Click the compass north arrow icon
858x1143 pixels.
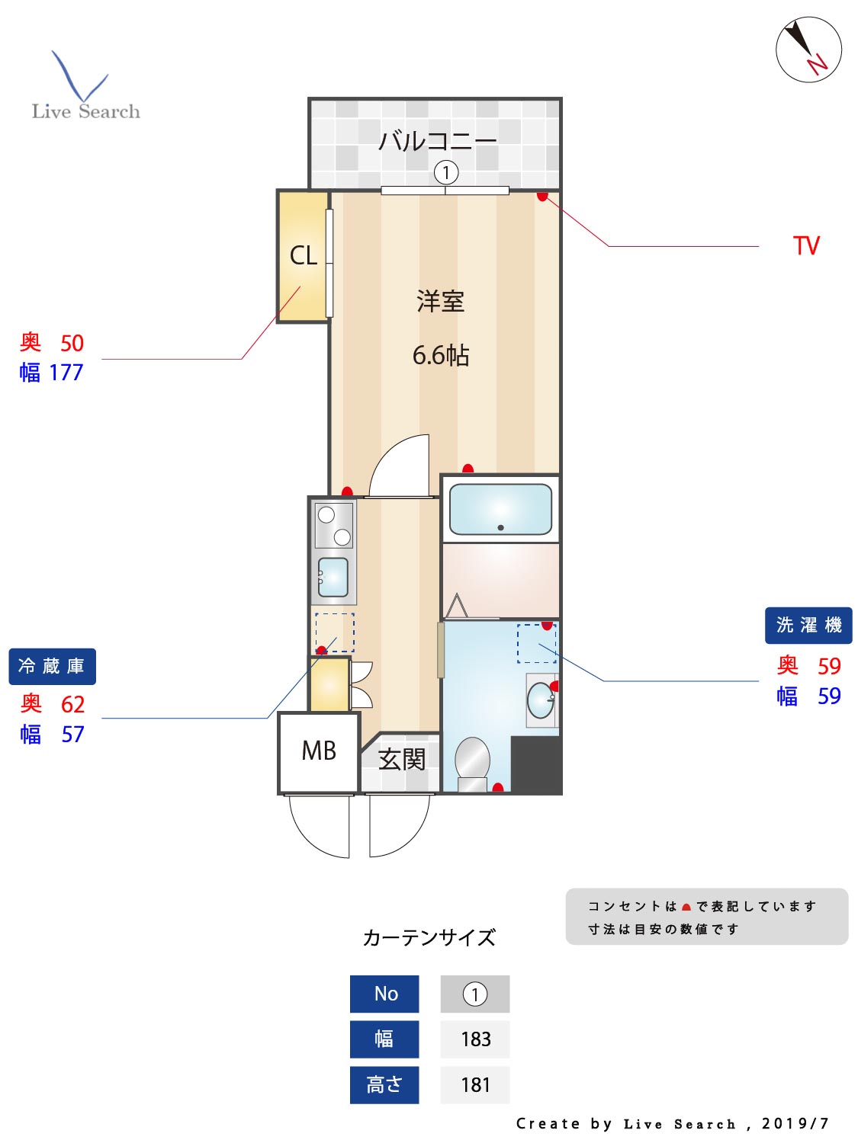point(808,50)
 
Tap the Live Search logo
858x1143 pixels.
point(85,87)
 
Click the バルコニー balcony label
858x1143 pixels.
point(437,141)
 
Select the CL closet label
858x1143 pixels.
point(303,255)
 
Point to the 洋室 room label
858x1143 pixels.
point(440,302)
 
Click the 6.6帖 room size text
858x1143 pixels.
point(440,355)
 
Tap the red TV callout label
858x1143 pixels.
point(805,246)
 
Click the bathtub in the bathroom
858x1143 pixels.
point(500,509)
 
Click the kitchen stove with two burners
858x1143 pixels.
point(334,525)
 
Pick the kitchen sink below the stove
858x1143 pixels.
point(333,577)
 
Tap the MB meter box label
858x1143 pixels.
point(319,751)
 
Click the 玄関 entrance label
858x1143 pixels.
point(401,760)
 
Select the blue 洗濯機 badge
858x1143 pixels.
point(808,626)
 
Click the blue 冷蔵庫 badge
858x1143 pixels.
point(52,667)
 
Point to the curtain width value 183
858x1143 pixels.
point(475,1039)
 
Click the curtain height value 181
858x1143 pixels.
point(475,1084)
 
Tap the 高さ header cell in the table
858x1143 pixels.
point(384,1084)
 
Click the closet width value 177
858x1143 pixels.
point(66,373)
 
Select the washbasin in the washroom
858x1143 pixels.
point(541,700)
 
